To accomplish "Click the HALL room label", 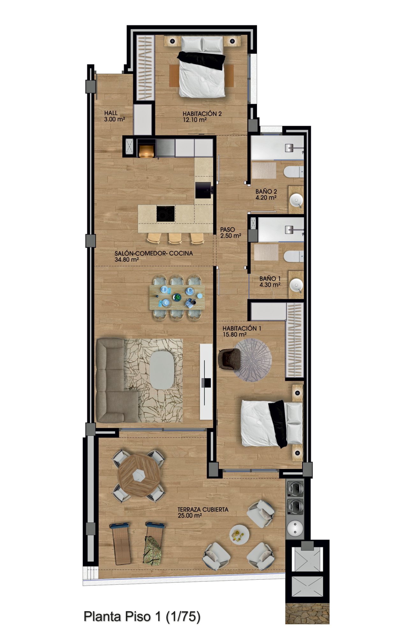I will (111, 113).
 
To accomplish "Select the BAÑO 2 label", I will (266, 192).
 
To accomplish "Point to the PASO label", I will (228, 230).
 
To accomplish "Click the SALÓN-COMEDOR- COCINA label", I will (154, 253).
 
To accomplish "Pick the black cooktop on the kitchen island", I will (165, 214).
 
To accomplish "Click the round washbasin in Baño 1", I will (296, 285).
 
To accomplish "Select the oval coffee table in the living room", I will (162, 370).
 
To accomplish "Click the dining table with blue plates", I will (177, 297).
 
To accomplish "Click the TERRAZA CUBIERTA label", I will (203, 509).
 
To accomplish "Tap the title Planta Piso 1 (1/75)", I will (142, 616).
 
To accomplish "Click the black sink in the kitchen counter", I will (203, 190).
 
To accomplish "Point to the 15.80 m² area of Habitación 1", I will (234, 335).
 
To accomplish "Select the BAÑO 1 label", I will (270, 279).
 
